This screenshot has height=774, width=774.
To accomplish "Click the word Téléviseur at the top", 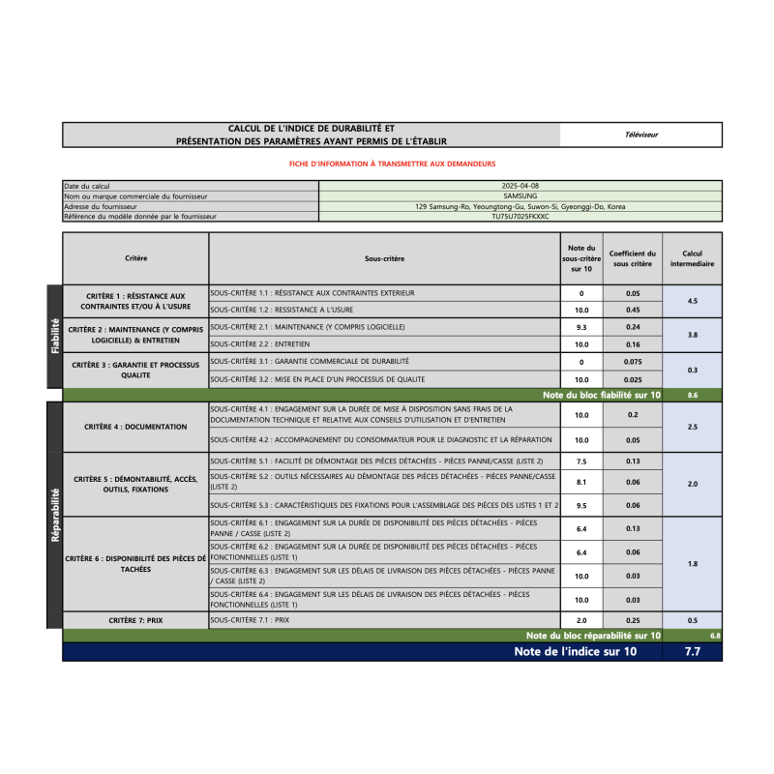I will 641,134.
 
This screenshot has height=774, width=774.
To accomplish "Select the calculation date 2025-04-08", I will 521,185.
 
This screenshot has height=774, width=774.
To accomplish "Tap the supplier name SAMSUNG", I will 521,195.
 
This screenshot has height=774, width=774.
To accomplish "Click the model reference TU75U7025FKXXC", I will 521,217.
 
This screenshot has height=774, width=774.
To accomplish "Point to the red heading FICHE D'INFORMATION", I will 392,164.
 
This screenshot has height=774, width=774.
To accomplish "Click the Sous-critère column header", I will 384,259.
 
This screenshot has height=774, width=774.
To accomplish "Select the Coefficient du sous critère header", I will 633,259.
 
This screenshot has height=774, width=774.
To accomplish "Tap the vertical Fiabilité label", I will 54,336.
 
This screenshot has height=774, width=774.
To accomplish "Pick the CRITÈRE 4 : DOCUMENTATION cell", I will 135,427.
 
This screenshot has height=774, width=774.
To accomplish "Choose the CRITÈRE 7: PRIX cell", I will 135,619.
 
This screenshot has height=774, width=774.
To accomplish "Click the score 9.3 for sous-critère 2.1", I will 581,327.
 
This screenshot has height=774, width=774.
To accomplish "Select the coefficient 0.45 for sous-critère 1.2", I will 633,311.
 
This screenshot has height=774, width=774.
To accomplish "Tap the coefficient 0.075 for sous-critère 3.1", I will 633,362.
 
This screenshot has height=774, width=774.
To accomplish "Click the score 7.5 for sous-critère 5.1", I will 581,461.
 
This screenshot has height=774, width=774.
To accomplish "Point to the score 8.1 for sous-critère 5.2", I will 581,482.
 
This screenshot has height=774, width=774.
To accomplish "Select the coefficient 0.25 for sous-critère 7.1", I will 633,619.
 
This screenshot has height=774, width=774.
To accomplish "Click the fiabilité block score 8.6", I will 692,396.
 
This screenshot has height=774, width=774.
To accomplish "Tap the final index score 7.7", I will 692,652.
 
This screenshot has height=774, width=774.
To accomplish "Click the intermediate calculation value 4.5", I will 692,302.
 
